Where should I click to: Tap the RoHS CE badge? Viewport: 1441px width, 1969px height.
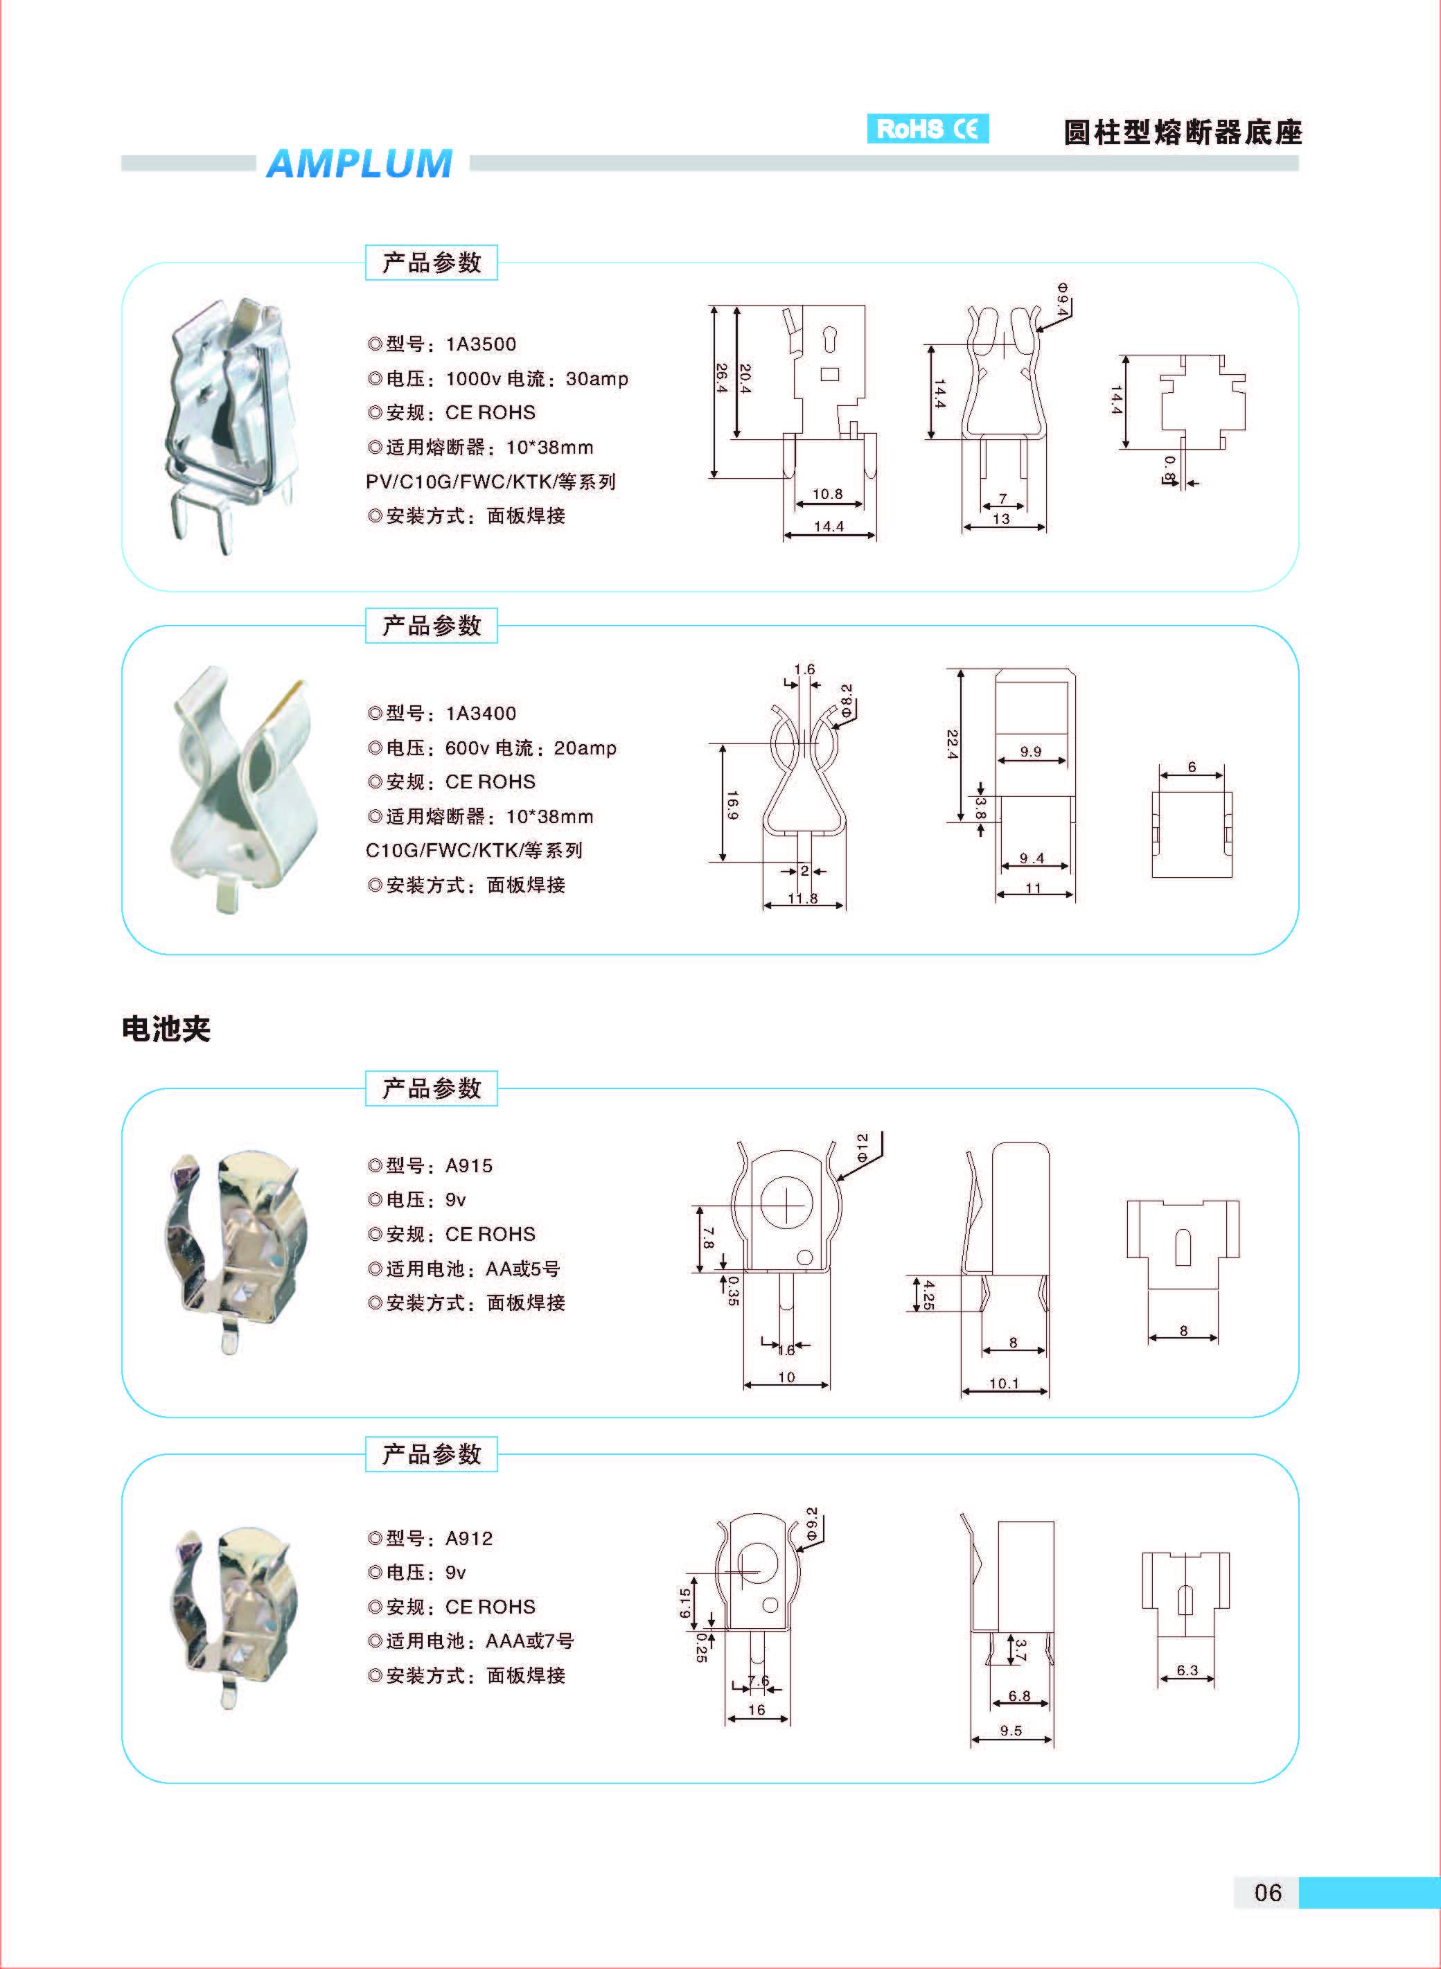(927, 129)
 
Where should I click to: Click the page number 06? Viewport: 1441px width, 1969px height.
(1267, 1916)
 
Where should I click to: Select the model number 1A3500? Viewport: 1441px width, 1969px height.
(481, 344)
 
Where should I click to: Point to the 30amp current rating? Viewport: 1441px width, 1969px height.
(596, 378)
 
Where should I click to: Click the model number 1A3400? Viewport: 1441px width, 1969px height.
(481, 714)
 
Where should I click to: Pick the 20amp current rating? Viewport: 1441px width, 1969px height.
(585, 748)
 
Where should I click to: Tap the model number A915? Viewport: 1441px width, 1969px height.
(468, 1165)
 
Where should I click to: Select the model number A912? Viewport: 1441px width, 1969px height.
(468, 1538)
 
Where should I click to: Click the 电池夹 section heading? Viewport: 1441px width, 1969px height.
(166, 1029)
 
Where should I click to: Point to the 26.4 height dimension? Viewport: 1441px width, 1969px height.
(721, 378)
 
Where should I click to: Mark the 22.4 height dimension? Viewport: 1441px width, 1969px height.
(953, 744)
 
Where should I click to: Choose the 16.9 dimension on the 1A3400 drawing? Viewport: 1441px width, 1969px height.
(732, 804)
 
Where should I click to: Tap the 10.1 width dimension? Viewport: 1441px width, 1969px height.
(1004, 1383)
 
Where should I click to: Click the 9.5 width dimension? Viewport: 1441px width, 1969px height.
(1011, 1730)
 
